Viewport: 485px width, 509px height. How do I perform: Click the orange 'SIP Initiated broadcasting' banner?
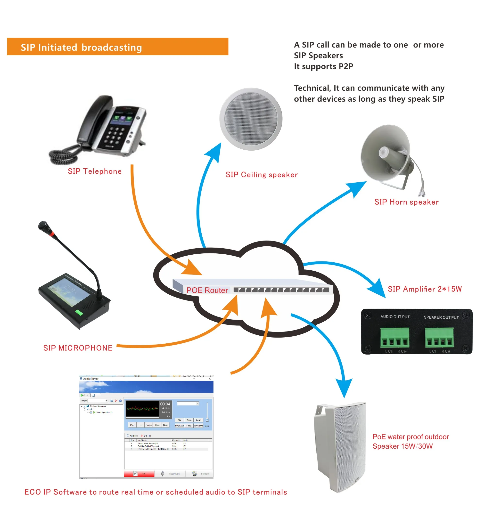click(x=117, y=47)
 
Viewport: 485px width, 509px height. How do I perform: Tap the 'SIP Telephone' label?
click(x=95, y=171)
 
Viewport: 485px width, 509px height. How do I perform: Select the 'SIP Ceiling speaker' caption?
click(x=262, y=175)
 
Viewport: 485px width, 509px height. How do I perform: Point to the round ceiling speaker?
click(x=251, y=119)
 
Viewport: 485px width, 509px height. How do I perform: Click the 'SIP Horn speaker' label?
click(x=406, y=202)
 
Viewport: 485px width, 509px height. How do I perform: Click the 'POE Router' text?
click(x=207, y=290)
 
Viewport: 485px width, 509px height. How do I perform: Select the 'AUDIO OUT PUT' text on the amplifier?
click(x=395, y=317)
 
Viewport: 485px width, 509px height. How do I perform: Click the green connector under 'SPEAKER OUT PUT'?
click(x=439, y=338)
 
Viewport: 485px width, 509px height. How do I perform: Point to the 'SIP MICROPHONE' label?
click(x=78, y=348)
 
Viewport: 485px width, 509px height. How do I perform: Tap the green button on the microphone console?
click(x=79, y=312)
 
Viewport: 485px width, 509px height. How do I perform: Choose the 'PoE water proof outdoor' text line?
click(x=411, y=437)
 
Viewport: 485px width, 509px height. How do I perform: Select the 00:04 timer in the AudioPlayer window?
click(x=165, y=404)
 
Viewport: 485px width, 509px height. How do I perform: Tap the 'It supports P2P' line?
click(x=323, y=66)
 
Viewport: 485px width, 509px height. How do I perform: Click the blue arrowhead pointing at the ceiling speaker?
click(x=214, y=152)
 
